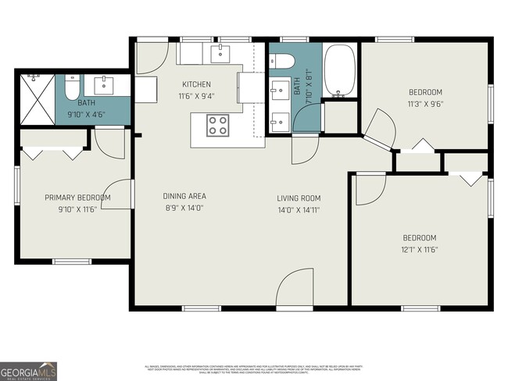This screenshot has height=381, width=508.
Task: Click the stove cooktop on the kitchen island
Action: pyautogui.click(x=217, y=125)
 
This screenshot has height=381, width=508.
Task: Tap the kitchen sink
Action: pyautogui.click(x=220, y=53)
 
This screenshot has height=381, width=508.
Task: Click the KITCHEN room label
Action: pyautogui.click(x=196, y=84)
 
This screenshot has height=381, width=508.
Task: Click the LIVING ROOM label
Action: pyautogui.click(x=299, y=198)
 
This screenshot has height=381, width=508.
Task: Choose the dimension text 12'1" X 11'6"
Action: pyautogui.click(x=419, y=250)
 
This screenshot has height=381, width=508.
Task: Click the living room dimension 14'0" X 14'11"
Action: pyautogui.click(x=299, y=209)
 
